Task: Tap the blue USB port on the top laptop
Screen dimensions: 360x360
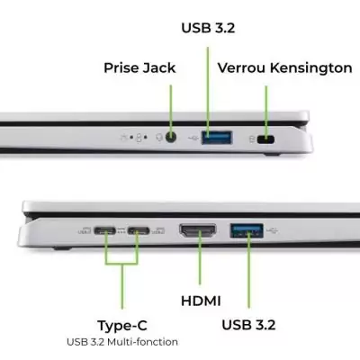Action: [x=215, y=139]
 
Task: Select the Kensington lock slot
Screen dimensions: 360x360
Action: [x=266, y=139]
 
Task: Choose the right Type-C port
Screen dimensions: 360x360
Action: [x=138, y=231]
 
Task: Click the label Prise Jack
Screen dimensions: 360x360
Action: [x=139, y=67]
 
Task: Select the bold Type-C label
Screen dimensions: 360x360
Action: [x=121, y=325]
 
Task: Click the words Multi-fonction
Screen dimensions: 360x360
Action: [x=149, y=342]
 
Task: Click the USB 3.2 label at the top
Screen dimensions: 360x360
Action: [x=209, y=27]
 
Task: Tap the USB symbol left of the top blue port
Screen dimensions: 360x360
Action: [x=192, y=139]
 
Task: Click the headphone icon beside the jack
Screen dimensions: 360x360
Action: [x=157, y=138]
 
